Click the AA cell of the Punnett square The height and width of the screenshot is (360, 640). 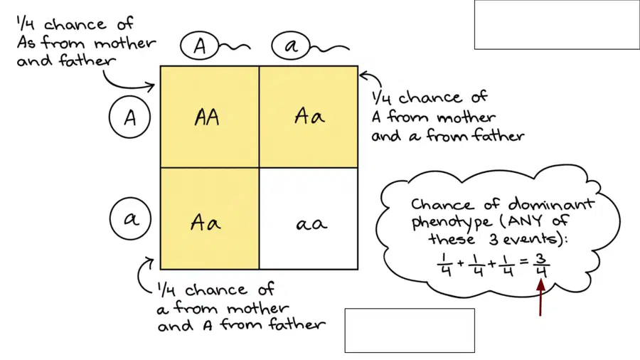click(x=209, y=117)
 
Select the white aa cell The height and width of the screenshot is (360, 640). click(x=309, y=218)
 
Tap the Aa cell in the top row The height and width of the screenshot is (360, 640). click(x=309, y=117)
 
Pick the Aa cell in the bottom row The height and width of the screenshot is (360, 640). click(x=209, y=218)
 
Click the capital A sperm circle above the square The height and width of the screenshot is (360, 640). click(x=200, y=46)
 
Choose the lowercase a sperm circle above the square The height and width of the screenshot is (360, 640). click(x=291, y=46)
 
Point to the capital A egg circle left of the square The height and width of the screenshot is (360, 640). click(x=130, y=117)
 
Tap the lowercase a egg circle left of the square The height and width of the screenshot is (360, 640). click(x=130, y=219)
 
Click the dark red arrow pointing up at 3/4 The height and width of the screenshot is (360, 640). click(x=540, y=297)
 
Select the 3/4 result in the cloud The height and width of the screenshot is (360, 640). click(x=541, y=265)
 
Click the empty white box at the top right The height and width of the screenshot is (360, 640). click(x=557, y=24)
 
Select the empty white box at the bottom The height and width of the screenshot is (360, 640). click(x=410, y=330)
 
